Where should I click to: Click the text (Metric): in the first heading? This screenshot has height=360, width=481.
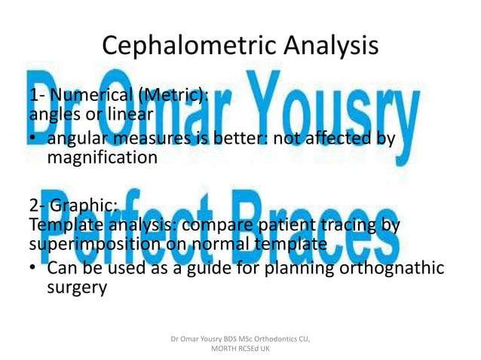pyautogui.click(x=178, y=96)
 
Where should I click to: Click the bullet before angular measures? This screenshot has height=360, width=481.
pyautogui.click(x=35, y=140)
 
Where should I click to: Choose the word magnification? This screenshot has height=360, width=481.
pyautogui.click(x=102, y=158)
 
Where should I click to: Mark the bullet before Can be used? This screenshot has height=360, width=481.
pyautogui.click(x=35, y=270)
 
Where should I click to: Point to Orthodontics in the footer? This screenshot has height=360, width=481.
pyautogui.click(x=270, y=340)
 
